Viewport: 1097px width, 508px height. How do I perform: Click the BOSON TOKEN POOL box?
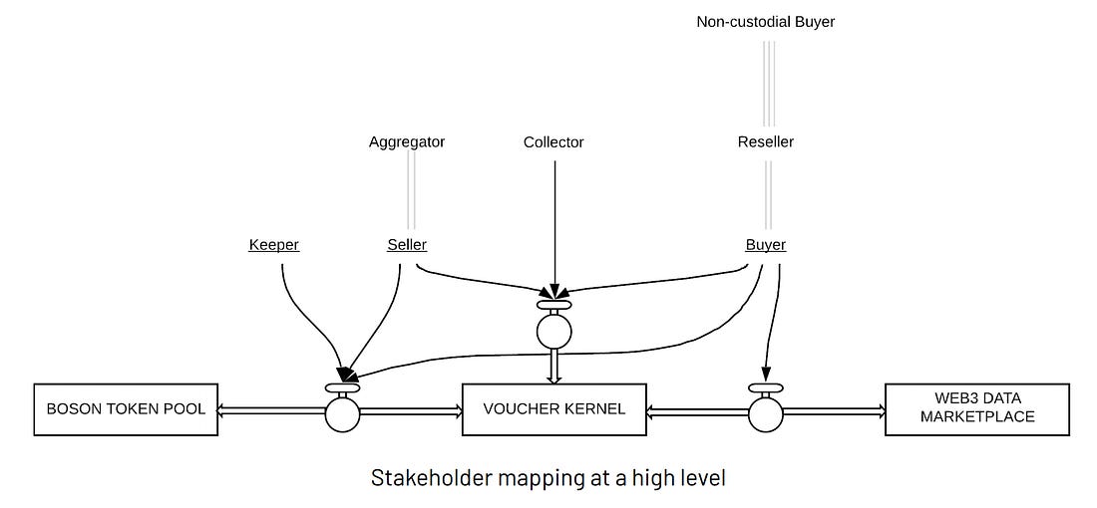pos(126,409)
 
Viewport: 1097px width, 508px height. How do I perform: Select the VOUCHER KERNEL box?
pos(554,409)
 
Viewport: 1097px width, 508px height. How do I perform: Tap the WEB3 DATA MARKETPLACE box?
pos(977,409)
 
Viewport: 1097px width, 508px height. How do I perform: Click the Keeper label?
pos(274,245)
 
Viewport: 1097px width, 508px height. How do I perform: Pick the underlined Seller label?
pos(407,245)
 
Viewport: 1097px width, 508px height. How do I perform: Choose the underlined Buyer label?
pos(765,245)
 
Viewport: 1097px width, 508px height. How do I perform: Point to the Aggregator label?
pos(407,142)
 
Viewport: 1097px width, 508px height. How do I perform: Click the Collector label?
pos(553,142)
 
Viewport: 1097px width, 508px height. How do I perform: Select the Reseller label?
pos(766,142)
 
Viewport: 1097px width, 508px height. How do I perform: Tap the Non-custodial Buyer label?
pos(766,22)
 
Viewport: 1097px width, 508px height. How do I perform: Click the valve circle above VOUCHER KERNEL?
pos(554,332)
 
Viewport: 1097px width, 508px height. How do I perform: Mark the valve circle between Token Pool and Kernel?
pos(342,414)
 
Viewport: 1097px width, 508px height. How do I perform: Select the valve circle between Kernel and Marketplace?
pos(765,414)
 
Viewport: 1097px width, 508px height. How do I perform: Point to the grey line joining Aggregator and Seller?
pos(411,191)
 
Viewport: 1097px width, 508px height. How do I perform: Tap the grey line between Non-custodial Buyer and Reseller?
pos(769,84)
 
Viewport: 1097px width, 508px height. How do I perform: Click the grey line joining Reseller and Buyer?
pos(769,195)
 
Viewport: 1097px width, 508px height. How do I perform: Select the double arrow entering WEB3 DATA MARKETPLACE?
pos(834,412)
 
